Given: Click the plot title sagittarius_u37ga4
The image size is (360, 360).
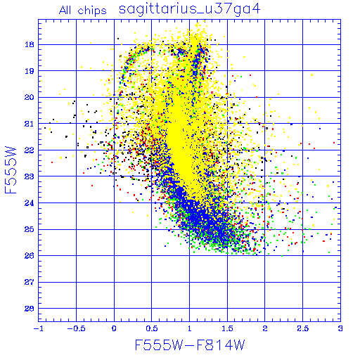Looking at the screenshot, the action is (189, 9).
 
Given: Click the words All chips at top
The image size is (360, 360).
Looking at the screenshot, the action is (83, 11).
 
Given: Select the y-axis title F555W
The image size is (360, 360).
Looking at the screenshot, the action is (11, 170).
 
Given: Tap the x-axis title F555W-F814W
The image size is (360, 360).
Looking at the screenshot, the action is (190, 345).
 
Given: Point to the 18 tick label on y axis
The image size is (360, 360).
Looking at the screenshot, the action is (30, 44).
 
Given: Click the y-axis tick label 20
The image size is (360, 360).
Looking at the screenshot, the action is (30, 97).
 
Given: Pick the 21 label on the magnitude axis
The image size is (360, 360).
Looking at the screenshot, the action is (30, 124).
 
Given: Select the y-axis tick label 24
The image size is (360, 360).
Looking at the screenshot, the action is (30, 203).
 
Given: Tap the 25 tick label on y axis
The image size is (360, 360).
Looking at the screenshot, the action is (30, 229).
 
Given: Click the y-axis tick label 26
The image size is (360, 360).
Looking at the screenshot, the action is (30, 256).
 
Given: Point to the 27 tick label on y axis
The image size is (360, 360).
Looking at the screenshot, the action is (30, 282).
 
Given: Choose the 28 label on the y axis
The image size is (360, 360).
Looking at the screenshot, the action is (30, 309).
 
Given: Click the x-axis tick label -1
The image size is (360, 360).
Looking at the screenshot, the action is (39, 328).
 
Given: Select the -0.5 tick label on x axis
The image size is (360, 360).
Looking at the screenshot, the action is (77, 328).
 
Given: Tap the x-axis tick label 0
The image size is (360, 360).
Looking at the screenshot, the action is (114, 328).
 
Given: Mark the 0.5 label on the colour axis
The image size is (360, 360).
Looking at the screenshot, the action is (152, 328).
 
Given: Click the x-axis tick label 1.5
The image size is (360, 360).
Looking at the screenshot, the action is (227, 328).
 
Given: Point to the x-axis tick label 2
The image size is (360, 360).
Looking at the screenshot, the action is (265, 328).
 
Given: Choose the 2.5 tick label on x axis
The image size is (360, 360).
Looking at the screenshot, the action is (302, 328).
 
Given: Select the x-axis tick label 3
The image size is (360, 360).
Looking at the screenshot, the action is (340, 328).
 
